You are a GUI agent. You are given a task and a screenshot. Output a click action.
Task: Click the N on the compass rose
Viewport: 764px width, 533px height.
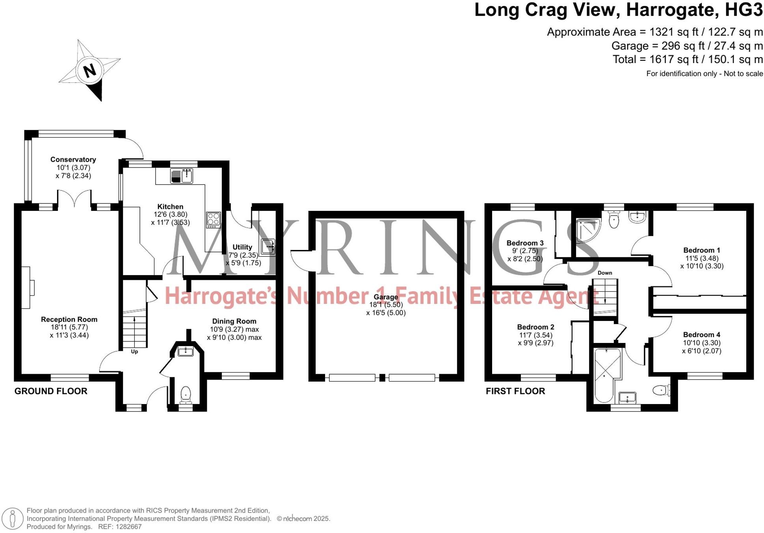[x=90, y=71]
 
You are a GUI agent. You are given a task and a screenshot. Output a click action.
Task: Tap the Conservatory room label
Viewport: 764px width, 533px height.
[x=73, y=160]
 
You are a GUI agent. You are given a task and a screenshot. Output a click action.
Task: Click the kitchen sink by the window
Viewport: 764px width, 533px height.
[x=182, y=176]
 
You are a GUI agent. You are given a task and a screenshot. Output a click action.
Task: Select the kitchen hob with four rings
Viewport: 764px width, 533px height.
[x=214, y=220]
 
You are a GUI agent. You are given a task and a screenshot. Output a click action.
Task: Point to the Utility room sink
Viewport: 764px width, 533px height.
[x=268, y=246]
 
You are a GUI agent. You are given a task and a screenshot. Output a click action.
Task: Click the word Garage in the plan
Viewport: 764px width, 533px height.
[x=386, y=297]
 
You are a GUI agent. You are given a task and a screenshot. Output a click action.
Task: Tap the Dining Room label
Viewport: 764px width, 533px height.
[x=234, y=321]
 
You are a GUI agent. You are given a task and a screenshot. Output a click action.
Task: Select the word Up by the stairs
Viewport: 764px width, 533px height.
[x=134, y=352]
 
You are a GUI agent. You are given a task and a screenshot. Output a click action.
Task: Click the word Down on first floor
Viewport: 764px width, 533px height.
[x=605, y=273]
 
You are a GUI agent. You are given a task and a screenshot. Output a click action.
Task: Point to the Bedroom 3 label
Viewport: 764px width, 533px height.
[x=525, y=243]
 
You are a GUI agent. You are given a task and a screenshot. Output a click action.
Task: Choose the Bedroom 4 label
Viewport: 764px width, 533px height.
[x=701, y=335]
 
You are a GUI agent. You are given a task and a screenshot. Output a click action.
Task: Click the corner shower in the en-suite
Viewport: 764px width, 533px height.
[x=588, y=231]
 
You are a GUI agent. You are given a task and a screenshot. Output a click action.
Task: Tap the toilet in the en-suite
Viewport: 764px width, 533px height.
[x=614, y=220]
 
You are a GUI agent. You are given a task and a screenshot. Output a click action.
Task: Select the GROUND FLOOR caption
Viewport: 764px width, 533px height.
[x=51, y=391]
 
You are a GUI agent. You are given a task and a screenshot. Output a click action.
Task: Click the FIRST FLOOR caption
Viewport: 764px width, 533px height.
[x=515, y=391]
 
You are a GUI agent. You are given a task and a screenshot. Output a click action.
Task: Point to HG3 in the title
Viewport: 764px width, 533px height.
[x=744, y=10]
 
